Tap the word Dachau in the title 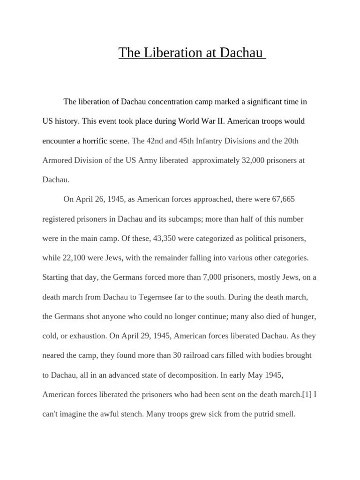241,52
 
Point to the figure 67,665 283,199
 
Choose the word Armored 57,160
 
